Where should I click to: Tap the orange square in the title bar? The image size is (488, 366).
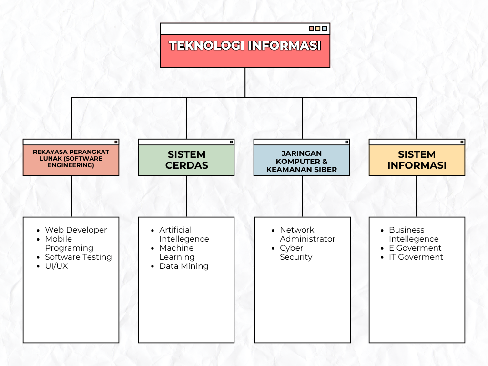pos(312,29)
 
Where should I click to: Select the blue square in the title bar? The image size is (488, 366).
pos(325,29)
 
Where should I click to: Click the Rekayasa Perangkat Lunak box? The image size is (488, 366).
pos(71,160)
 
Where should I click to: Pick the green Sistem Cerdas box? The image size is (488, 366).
pos(186,160)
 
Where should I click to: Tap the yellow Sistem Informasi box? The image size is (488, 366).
pos(417,160)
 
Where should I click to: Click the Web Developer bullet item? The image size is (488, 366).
pos(76,230)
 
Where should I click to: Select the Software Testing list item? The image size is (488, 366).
pos(78,257)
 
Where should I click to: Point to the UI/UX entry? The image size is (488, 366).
pos(56,266)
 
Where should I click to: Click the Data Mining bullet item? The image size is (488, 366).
pos(183,266)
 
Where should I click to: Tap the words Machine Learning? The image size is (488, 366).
pos(177,253)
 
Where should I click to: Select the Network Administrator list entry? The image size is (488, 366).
pos(307,234)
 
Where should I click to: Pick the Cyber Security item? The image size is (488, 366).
pos(296,253)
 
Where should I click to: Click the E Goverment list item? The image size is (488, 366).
pos(415,248)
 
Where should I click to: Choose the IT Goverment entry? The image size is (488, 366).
pos(416,257)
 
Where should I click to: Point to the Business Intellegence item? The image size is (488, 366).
pos(414,234)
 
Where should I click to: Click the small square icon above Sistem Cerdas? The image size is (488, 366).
pos(231,142)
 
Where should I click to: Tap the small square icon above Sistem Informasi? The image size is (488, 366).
pos(462,142)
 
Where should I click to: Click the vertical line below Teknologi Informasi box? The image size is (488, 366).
pos(245,82)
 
